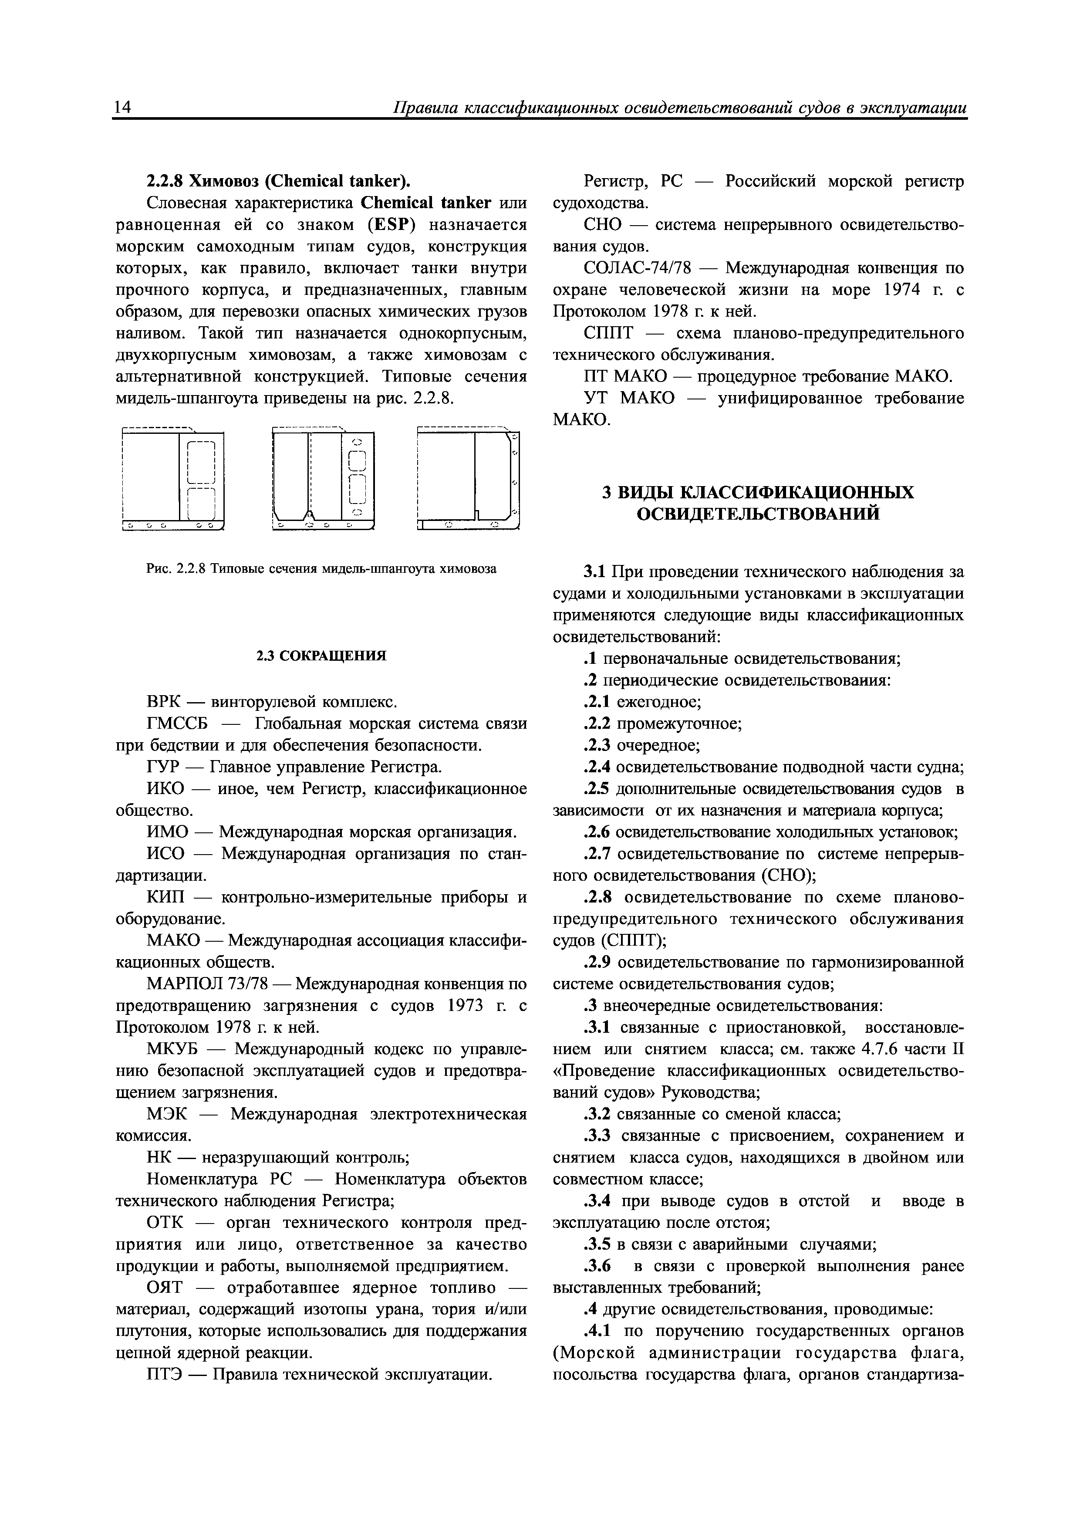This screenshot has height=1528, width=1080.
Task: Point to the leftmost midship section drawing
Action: (x=174, y=478)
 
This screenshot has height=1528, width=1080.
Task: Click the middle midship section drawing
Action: (x=324, y=478)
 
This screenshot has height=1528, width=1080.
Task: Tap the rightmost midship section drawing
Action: (x=468, y=478)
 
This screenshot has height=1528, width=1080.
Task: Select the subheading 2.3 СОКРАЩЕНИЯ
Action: (x=321, y=656)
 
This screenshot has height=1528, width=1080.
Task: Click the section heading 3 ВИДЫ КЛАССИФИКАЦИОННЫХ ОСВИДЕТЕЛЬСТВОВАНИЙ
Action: (x=758, y=503)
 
